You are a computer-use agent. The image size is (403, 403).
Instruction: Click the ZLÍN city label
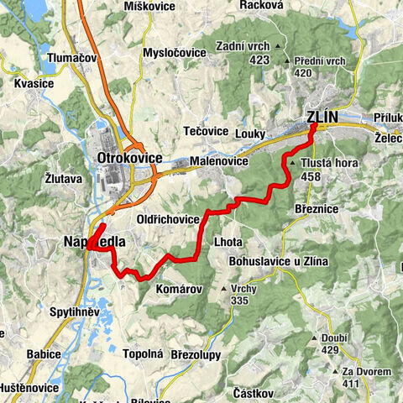click(x=322, y=118)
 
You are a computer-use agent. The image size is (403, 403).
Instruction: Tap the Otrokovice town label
click(x=129, y=158)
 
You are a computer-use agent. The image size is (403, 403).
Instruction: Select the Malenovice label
click(x=217, y=160)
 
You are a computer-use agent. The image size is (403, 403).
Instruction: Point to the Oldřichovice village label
click(x=168, y=219)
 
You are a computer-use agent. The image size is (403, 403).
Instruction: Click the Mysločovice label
click(x=175, y=53)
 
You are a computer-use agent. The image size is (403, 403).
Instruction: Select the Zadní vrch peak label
click(x=242, y=46)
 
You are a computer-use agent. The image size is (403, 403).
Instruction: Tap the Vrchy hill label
click(x=243, y=288)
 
